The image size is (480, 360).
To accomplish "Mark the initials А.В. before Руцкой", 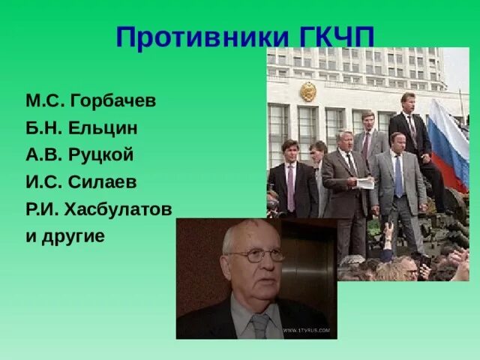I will pos(43,154).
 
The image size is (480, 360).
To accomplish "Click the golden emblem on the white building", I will pos(308,91).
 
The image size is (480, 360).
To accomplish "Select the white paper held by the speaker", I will pos(364,182).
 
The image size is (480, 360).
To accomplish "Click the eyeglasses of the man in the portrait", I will pos(256,256).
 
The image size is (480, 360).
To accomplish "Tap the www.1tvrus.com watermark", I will pos(309,331).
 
